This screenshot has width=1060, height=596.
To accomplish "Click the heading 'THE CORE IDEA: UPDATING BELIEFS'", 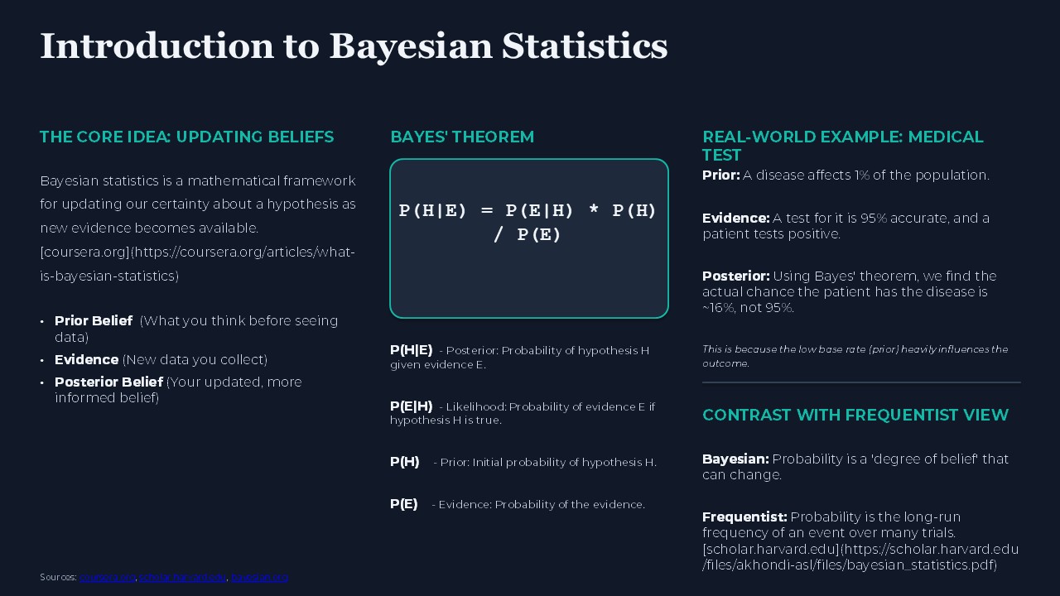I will [x=186, y=137].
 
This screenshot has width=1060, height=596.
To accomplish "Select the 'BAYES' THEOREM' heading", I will [x=462, y=137].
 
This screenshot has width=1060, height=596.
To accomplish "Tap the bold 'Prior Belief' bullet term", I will [x=94, y=320].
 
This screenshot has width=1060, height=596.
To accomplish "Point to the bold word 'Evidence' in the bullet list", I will [x=86, y=359].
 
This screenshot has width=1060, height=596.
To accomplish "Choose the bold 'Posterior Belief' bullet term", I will [x=108, y=382].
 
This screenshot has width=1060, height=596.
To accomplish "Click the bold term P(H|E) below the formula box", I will [x=411, y=350].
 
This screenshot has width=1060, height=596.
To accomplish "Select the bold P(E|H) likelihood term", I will [x=411, y=406].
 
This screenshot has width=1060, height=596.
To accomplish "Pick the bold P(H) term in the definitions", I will [x=404, y=462].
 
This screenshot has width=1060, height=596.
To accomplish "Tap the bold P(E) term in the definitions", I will [x=403, y=504].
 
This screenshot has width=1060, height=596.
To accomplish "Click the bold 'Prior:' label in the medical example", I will [x=720, y=175].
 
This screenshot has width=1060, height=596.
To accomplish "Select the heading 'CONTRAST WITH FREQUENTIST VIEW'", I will [x=855, y=415].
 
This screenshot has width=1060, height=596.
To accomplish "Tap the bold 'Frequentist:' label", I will [x=744, y=517].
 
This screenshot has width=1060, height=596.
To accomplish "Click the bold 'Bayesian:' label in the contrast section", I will [x=735, y=459].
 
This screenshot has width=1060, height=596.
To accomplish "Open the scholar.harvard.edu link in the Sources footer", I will [x=182, y=577].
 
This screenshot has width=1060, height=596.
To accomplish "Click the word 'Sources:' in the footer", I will [x=58, y=577].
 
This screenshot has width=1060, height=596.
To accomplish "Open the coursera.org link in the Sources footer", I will [x=107, y=577].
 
